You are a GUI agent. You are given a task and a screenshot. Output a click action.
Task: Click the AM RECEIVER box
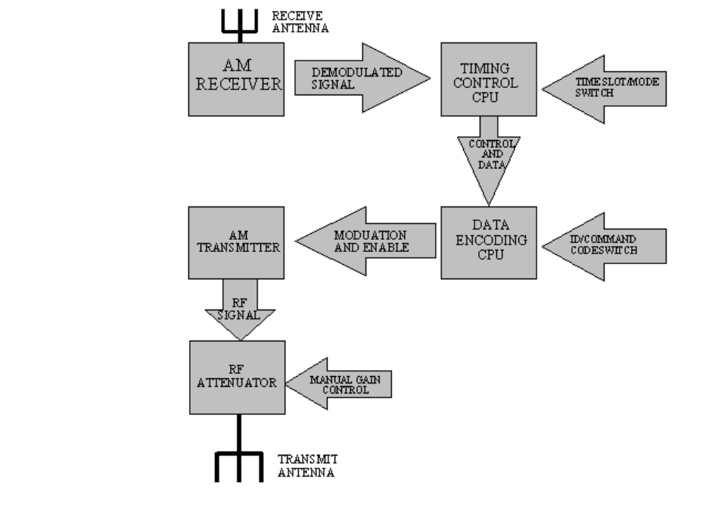coord(236,79)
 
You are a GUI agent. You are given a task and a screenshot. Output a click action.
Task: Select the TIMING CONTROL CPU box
coord(489,79)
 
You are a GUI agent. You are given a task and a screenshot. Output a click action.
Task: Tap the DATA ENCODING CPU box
coord(488,242)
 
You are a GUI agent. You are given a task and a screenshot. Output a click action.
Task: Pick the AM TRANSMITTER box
coord(236,242)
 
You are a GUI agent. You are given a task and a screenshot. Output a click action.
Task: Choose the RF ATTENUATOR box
coord(237,377)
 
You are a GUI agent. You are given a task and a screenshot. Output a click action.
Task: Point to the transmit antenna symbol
coord(238,463)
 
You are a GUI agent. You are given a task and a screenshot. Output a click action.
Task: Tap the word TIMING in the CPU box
coord(489,69)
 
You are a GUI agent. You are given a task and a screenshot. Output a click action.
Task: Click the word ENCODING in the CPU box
coord(488,241)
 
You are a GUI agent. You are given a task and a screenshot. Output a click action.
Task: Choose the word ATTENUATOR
coord(237,383)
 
